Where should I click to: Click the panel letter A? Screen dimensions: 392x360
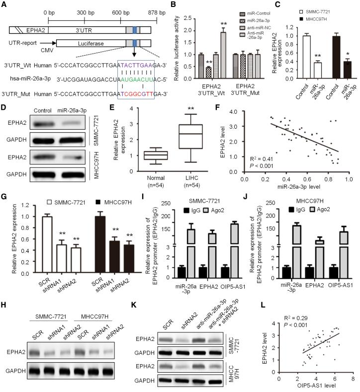[x=4, y=5]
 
